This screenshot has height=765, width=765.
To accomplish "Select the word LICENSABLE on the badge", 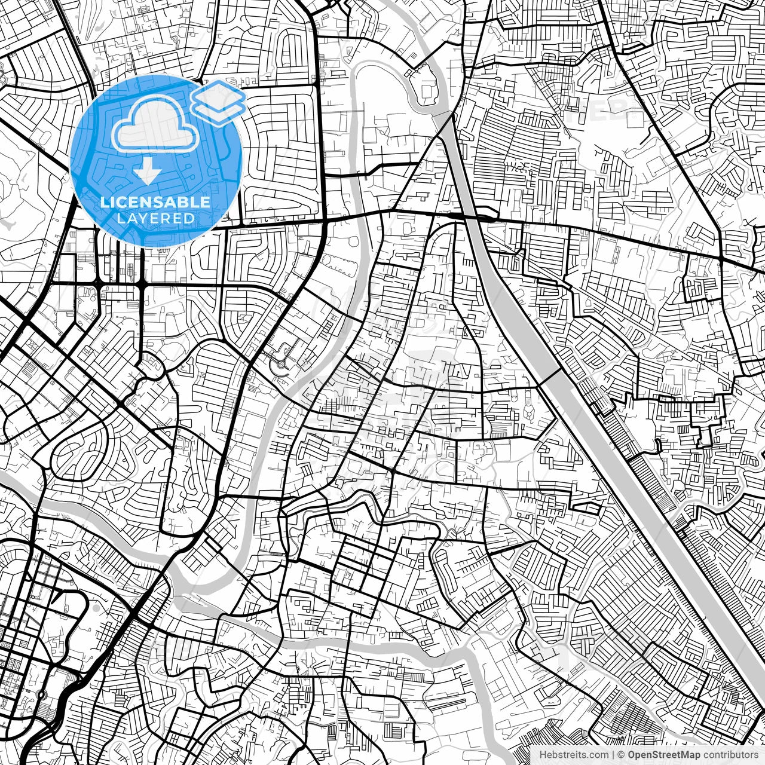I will click(155, 202).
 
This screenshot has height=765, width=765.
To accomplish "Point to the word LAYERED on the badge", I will click(155, 219).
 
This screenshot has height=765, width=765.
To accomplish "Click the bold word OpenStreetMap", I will click(664, 755).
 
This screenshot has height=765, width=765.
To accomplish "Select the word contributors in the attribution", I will click(730, 755).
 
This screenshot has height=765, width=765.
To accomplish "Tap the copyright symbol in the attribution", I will click(622, 755).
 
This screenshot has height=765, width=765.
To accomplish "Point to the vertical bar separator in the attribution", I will click(613, 755).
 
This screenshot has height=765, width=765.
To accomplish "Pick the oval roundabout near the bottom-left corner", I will click(41, 695).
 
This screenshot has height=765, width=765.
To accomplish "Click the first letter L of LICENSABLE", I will click(105, 202).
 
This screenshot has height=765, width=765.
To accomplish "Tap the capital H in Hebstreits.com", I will click(542, 755).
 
